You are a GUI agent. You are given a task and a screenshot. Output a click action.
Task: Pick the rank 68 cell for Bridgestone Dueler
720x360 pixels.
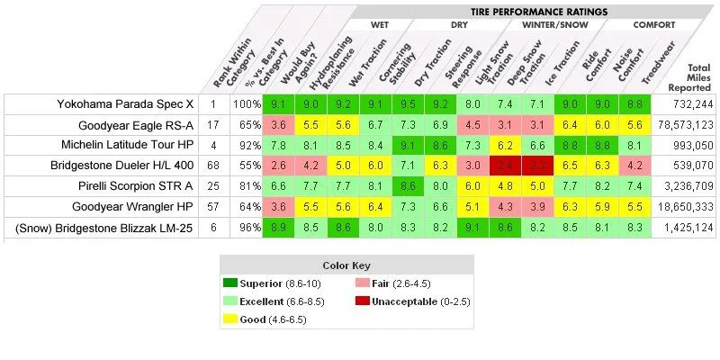point(213,166)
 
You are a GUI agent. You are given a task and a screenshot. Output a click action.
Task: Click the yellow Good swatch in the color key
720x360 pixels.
point(233,319)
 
